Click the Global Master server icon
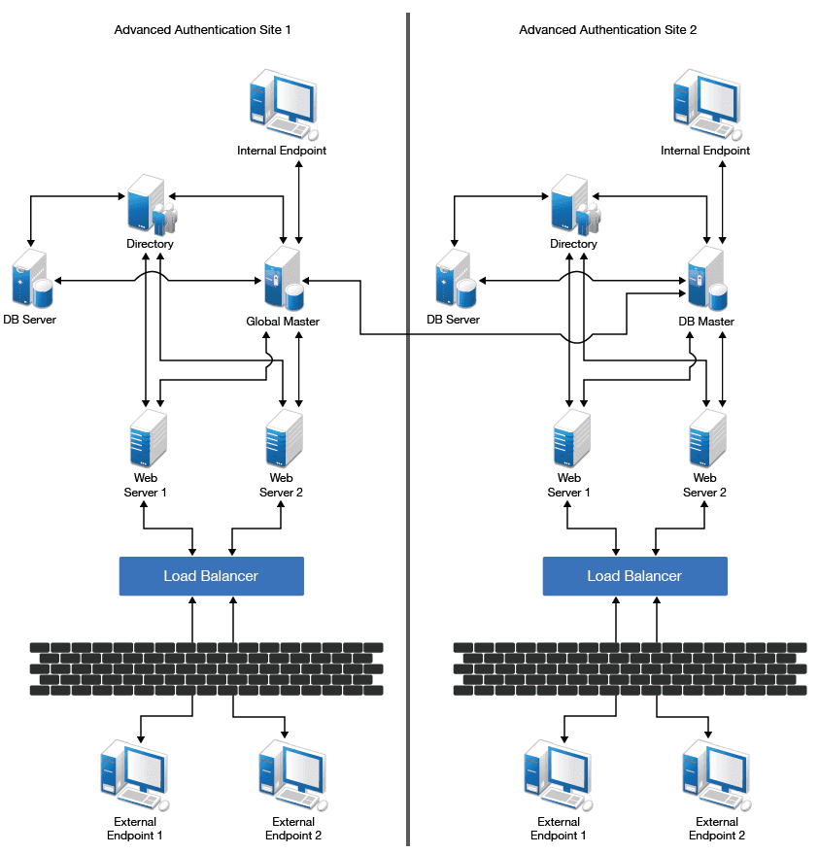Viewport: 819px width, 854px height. [x=284, y=280]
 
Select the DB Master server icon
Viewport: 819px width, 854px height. [x=707, y=280]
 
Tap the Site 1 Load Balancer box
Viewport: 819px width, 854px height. [x=211, y=576]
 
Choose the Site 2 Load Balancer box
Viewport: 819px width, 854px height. [x=634, y=576]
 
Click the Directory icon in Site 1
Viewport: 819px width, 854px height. [x=151, y=204]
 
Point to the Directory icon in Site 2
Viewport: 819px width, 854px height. [x=574, y=204]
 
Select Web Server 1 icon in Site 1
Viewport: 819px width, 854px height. [x=147, y=438]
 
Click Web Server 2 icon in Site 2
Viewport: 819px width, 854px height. [x=705, y=438]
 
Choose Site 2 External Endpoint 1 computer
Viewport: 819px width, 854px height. [x=554, y=775]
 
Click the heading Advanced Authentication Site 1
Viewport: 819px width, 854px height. [x=202, y=30]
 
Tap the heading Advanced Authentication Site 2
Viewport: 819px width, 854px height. [x=608, y=30]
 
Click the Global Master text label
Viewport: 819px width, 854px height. [x=283, y=322]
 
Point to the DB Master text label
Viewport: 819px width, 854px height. [x=706, y=322]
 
